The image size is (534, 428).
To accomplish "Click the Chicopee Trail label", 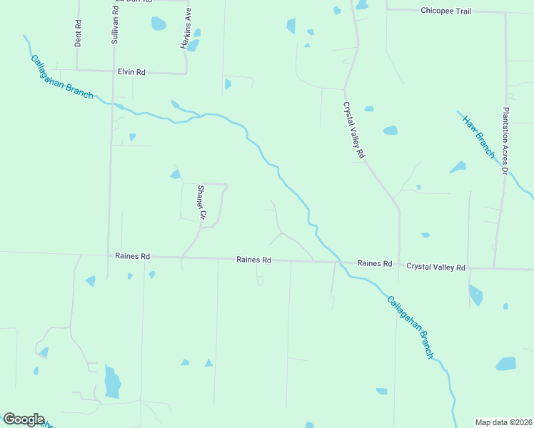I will (447, 10).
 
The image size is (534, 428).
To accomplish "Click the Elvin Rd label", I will (131, 72).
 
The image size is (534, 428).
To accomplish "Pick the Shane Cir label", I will (201, 202).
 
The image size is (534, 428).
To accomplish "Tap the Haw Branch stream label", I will (475, 136).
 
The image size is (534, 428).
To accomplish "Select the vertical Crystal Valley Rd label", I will (353, 128).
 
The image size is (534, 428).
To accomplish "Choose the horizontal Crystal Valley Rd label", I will (435, 267).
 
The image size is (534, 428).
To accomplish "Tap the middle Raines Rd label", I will (254, 260).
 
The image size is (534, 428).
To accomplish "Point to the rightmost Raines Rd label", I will (375, 263).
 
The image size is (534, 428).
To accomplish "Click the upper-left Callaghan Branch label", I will (61, 76).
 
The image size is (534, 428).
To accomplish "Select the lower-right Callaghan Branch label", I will (410, 327).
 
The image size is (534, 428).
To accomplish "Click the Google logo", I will (24, 419).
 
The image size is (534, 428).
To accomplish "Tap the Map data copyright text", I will (504, 422).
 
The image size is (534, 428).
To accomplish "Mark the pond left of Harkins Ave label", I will (158, 24).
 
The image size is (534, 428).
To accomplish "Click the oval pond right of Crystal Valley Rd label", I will (390, 131).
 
